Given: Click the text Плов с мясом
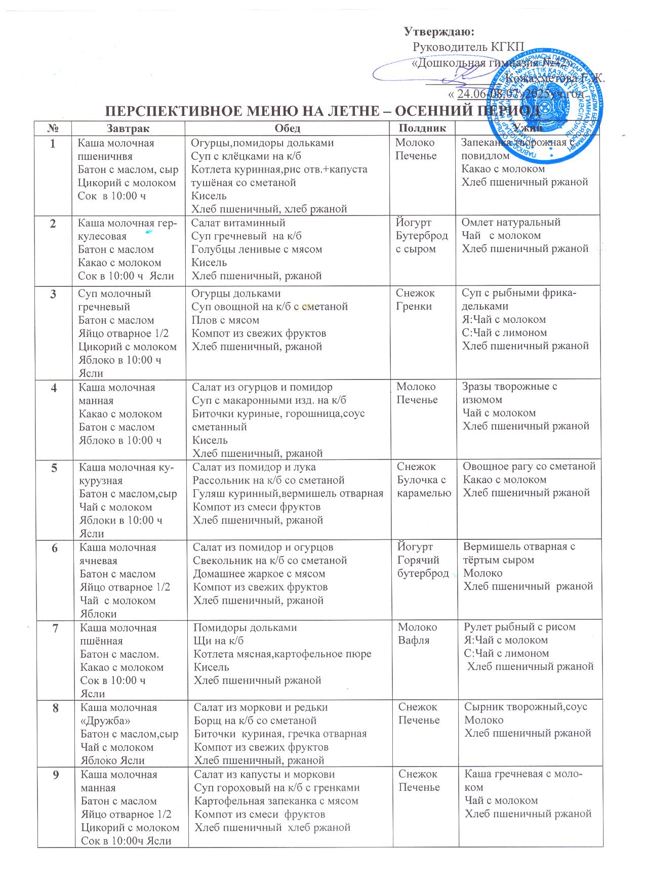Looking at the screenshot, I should [x=225, y=320].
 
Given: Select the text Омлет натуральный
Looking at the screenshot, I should [x=511, y=222].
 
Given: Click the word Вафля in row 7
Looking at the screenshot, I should [x=414, y=641].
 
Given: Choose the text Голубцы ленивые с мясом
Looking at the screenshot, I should [x=256, y=249].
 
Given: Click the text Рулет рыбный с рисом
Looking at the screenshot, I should [x=520, y=627].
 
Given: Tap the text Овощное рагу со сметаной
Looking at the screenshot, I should [x=530, y=466].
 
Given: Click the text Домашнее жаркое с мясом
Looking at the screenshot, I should [x=259, y=574].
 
